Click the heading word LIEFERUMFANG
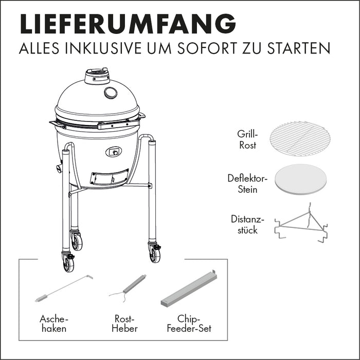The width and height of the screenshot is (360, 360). click(x=128, y=24)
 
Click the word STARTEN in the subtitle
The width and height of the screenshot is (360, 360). click(x=299, y=48)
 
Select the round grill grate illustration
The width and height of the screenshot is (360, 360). click(x=300, y=139)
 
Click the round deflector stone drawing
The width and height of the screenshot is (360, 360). click(x=301, y=179)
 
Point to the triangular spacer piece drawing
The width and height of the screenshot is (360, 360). click(x=301, y=224)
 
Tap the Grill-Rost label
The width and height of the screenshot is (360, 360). click(x=247, y=139)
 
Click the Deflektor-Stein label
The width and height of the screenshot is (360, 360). click(x=247, y=184)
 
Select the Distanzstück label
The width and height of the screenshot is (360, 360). click(x=247, y=224)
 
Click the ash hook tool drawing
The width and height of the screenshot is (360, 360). click(x=64, y=288)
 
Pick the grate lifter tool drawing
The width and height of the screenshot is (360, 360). click(x=128, y=288)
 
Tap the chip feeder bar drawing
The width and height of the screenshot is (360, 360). click(x=189, y=289)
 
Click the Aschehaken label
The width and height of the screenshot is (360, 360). click(x=54, y=323)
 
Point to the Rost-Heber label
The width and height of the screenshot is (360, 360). click(x=124, y=323)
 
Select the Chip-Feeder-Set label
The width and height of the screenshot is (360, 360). click(x=189, y=323)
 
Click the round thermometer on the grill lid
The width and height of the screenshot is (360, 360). click(x=111, y=93)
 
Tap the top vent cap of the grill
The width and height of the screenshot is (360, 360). click(x=97, y=76)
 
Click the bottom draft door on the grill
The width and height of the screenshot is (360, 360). click(x=109, y=177)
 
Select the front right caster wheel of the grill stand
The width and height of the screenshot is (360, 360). click(x=155, y=254)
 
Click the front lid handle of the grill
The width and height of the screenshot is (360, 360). click(x=118, y=124)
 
